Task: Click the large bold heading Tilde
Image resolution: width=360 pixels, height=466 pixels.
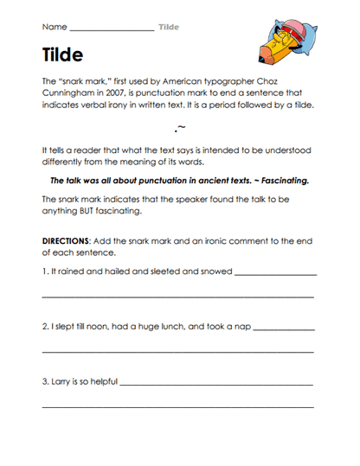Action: [62, 55]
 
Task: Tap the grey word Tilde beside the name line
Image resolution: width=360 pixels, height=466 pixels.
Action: [169, 27]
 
